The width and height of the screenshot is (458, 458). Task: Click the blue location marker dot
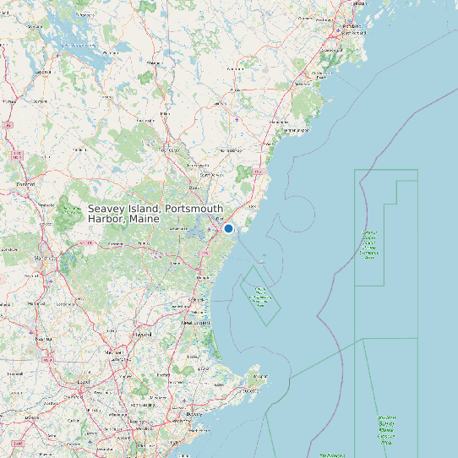(228, 228)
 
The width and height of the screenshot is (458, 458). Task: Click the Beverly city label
(195, 414)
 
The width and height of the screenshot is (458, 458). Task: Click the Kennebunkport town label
(295, 131)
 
